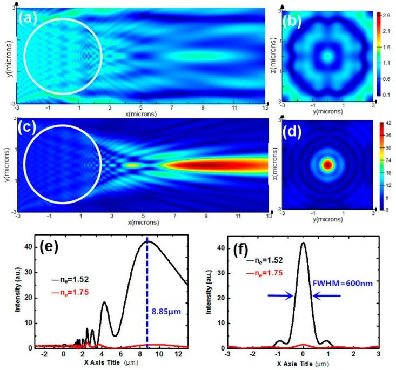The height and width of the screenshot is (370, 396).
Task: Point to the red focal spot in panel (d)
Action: tap(327, 165)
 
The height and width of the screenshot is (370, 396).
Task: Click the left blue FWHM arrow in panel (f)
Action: tap(281, 295)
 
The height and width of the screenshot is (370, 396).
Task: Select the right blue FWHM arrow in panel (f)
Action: tap(327, 295)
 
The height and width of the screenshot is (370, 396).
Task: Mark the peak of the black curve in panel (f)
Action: tap(304, 243)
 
